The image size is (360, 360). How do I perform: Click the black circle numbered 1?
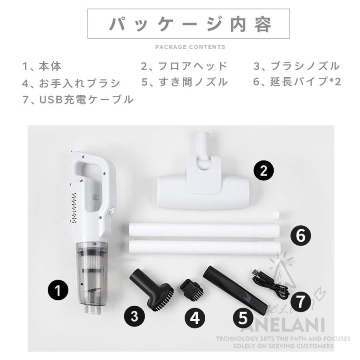pyautogui.click(x=58, y=290)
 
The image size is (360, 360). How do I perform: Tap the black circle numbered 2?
pyautogui.click(x=264, y=171)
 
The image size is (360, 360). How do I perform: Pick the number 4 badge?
pyautogui.click(x=195, y=318)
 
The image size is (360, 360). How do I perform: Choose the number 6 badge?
pyautogui.click(x=300, y=236)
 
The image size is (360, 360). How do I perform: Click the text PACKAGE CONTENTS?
pyautogui.click(x=190, y=47)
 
